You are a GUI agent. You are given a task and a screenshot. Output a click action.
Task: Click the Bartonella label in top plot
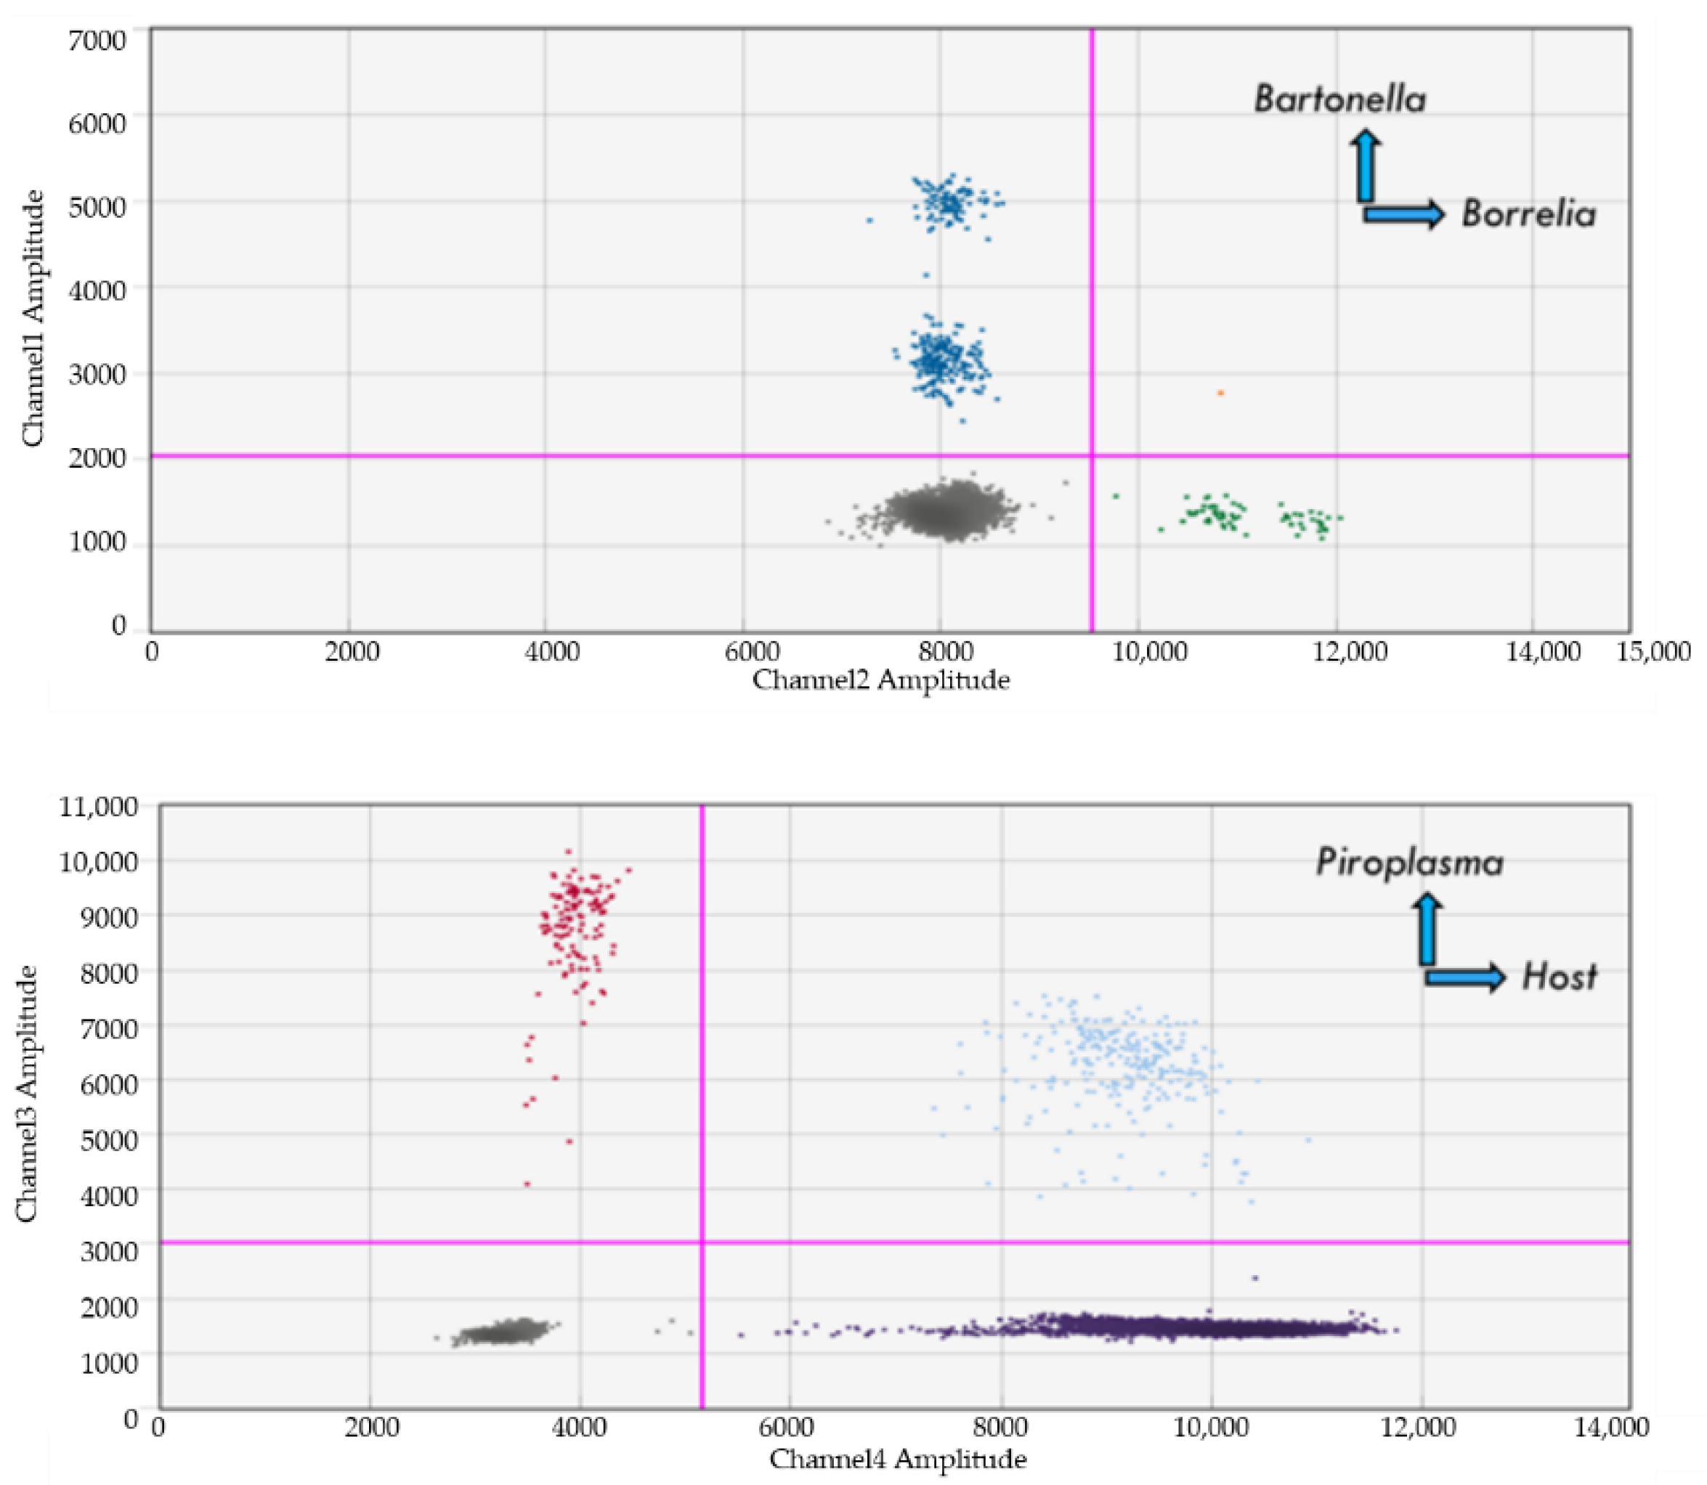[1339, 99]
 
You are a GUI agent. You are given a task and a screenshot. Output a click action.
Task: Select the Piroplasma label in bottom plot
[1409, 863]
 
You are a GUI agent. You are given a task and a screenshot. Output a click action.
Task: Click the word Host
[1559, 978]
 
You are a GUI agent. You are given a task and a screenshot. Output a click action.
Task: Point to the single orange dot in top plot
[1220, 393]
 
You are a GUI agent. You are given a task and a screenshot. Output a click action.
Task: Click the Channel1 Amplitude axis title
[33, 318]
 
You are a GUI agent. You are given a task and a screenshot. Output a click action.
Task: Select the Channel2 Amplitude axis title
[880, 680]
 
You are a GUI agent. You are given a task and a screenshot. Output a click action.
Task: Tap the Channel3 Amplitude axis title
[28, 1094]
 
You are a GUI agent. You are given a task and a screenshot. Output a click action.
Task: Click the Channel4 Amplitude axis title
[898, 1460]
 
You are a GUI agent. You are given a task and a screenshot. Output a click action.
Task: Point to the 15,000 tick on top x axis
[1653, 652]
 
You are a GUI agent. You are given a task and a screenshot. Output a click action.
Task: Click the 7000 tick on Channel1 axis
[97, 40]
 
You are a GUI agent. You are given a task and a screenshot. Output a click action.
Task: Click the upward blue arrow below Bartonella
[1365, 166]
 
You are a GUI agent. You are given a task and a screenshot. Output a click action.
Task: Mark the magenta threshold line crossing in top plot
[1092, 455]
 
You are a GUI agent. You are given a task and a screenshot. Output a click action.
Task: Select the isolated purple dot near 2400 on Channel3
[1254, 1278]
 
